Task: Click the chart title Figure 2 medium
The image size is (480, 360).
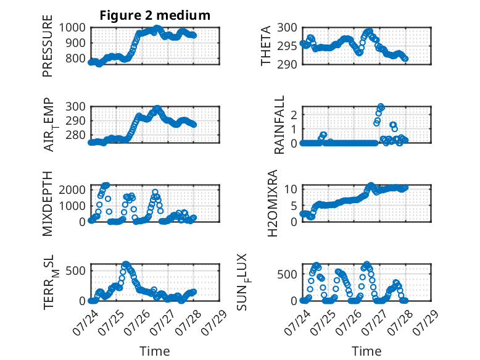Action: (x=155, y=15)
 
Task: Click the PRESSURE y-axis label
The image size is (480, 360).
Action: (x=48, y=46)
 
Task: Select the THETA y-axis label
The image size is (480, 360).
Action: (x=266, y=46)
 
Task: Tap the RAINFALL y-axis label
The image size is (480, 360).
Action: (x=279, y=125)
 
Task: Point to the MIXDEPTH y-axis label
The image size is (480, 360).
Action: (x=48, y=204)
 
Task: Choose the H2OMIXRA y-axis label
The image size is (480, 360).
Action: (x=272, y=203)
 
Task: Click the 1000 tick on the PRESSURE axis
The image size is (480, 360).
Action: (x=72, y=28)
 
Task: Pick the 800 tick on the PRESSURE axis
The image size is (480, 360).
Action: (x=76, y=58)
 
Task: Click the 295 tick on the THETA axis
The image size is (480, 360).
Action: (x=287, y=46)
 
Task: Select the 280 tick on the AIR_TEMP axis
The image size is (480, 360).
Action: (x=76, y=135)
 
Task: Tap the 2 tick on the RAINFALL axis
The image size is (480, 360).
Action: (x=294, y=115)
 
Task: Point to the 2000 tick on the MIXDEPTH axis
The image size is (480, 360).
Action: (x=72, y=190)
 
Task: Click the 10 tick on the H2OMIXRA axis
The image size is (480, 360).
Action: (x=291, y=189)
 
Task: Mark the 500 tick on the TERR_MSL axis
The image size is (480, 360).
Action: (x=76, y=270)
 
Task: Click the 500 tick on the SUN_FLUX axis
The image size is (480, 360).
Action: (x=287, y=274)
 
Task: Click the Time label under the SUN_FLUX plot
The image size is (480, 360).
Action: (x=366, y=351)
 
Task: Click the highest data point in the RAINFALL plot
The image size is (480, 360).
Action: (x=381, y=107)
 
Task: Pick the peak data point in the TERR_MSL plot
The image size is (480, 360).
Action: (x=126, y=264)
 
